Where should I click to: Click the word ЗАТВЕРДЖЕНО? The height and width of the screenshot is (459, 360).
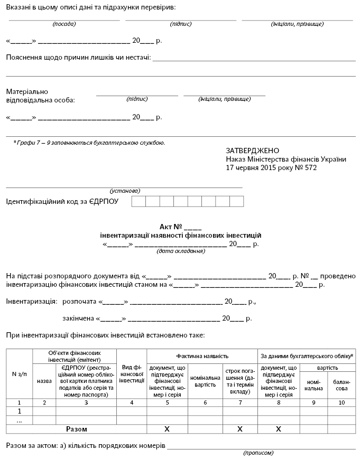tap(252, 151)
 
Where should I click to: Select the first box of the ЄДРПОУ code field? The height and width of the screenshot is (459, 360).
tap(139, 201)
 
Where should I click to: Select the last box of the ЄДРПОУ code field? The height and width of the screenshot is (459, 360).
tap(236, 201)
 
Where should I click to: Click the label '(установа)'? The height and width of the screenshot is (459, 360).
tap(125, 190)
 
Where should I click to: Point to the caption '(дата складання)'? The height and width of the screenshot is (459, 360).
tap(180, 251)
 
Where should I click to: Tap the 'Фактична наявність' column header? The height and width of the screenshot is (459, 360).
tap(202, 356)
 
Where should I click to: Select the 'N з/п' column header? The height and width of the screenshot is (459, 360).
tap(20, 374)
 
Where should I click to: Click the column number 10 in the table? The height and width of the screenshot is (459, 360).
tap(341, 402)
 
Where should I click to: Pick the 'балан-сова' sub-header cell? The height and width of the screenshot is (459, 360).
tap(341, 385)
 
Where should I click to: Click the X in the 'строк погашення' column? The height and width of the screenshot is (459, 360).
tap(239, 429)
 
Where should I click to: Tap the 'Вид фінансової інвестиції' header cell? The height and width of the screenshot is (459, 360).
tap(131, 373)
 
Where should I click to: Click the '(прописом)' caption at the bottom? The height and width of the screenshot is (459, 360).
tap(259, 453)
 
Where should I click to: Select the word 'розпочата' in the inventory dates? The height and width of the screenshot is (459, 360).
tap(79, 302)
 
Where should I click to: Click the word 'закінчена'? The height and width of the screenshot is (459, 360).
tap(78, 319)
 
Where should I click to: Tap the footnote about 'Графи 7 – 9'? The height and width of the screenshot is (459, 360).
tap(89, 142)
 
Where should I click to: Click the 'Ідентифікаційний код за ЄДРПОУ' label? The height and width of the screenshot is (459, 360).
tap(62, 202)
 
